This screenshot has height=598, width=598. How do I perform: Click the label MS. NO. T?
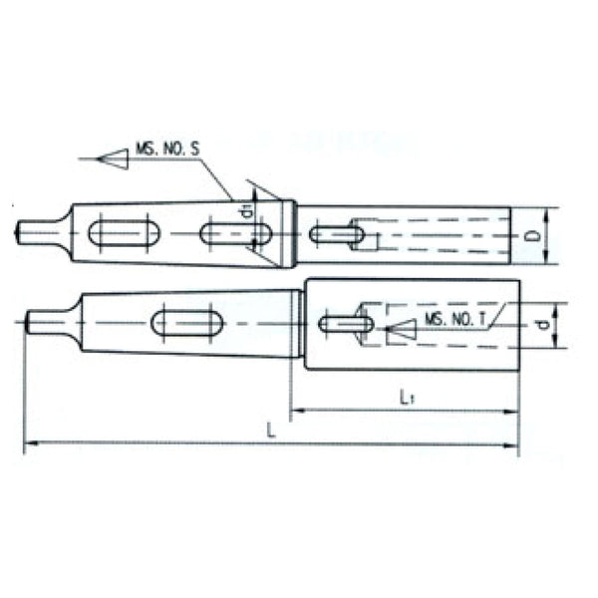[455, 318]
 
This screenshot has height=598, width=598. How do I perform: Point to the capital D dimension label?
[533, 236]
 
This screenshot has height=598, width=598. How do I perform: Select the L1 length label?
[406, 397]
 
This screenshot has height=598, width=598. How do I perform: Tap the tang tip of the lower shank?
[28, 321]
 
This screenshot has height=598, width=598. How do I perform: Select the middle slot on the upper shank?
[236, 234]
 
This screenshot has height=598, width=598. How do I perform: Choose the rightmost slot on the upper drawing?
[336, 235]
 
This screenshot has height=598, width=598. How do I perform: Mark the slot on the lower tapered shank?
[186, 322]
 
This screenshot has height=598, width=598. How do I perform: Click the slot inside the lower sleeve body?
[345, 323]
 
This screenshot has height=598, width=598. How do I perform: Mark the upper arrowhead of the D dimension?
[548, 213]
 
